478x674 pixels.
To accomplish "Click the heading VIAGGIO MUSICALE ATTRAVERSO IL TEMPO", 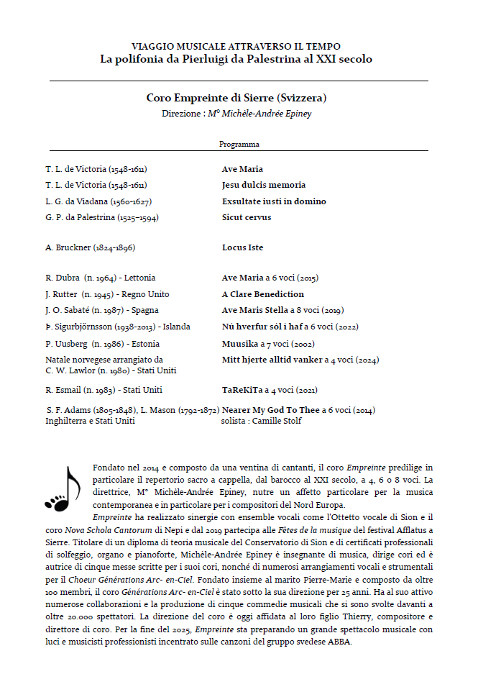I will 236,46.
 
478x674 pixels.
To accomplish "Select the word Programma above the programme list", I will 239,145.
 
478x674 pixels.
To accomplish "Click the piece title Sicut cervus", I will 247,217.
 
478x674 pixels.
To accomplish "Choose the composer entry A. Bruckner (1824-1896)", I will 91,248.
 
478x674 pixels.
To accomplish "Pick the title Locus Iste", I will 243,248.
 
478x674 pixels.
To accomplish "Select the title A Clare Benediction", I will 263,294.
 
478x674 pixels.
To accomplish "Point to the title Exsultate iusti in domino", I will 274,201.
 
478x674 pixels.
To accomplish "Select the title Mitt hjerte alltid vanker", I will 271,359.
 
